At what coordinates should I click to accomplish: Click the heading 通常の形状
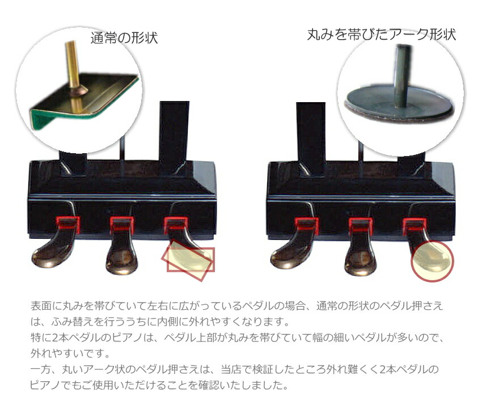(124, 38)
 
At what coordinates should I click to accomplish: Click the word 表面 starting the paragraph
(40, 306)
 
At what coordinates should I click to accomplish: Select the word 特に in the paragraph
(40, 338)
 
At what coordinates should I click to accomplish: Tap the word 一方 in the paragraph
(40, 370)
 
